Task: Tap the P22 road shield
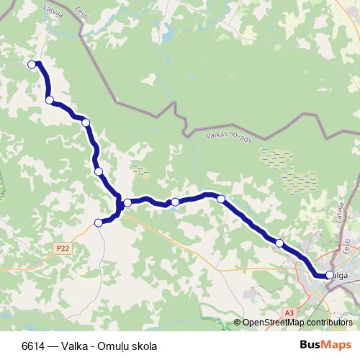tap(63, 247)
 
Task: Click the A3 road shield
tap(289, 312)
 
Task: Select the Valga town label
tap(341, 274)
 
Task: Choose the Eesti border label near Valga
tap(348, 247)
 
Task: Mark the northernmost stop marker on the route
tap(32, 64)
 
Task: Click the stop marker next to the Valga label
tap(329, 274)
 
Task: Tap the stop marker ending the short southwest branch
tap(99, 222)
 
